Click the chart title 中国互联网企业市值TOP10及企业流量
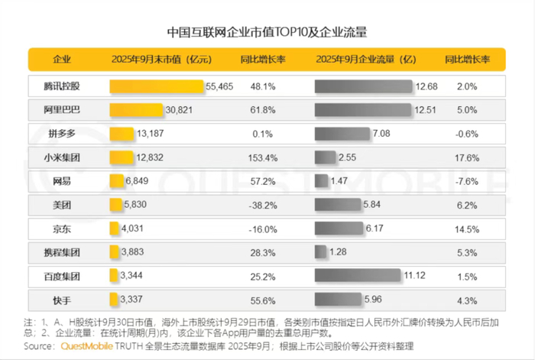point(267,32)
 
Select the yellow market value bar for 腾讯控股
point(157,86)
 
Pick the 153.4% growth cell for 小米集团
point(262,157)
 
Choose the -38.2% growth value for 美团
point(262,205)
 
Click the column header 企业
point(63,60)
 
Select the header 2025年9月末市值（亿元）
point(161,60)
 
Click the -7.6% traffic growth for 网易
point(467,181)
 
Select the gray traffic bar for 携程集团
point(321,251)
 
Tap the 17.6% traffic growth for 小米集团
point(467,157)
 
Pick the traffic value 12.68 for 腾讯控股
point(426,86)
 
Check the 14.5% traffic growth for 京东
point(467,229)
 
